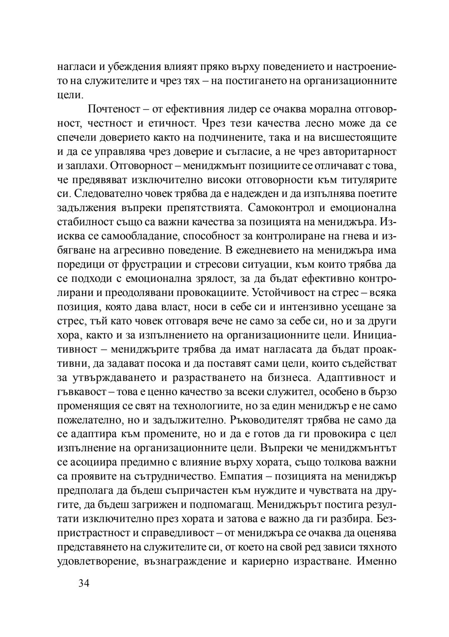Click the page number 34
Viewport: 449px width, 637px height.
[84, 583]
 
